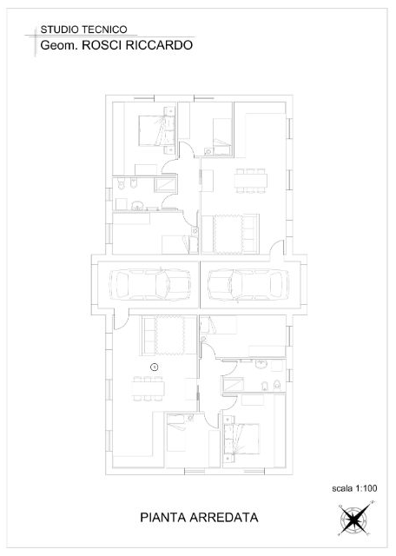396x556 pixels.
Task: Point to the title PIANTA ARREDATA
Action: coord(199,517)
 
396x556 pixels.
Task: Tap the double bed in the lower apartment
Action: coord(244,435)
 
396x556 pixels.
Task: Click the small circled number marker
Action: coord(155,367)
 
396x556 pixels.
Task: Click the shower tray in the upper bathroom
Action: coord(164,185)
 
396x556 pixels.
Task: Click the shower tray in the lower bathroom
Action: coord(232,384)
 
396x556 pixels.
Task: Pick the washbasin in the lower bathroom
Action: coord(261,363)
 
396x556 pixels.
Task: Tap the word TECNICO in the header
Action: coord(105,30)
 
